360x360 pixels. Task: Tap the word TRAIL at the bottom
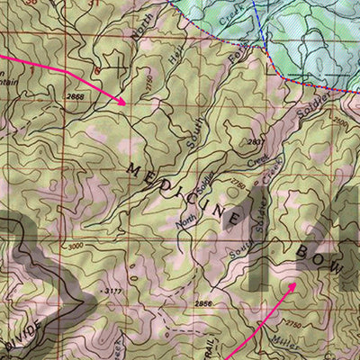tap(208, 345)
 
